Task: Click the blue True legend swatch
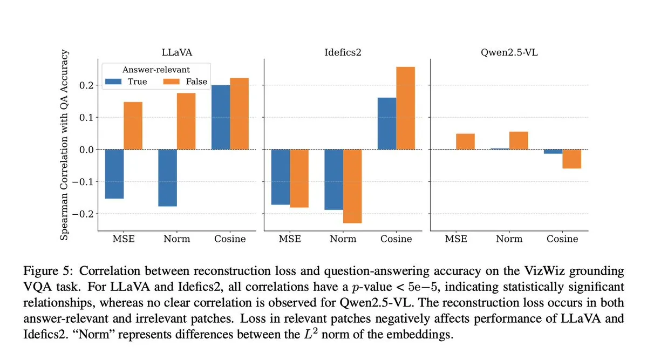(x=114, y=81)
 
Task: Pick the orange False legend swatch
(x=173, y=81)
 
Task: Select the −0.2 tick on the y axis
(x=83, y=214)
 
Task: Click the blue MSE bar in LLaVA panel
(x=114, y=174)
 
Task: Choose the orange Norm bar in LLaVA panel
(x=186, y=121)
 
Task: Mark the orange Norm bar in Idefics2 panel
(x=352, y=186)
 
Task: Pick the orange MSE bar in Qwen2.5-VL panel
(x=465, y=141)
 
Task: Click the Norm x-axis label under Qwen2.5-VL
(x=509, y=239)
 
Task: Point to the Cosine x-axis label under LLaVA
(x=230, y=239)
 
